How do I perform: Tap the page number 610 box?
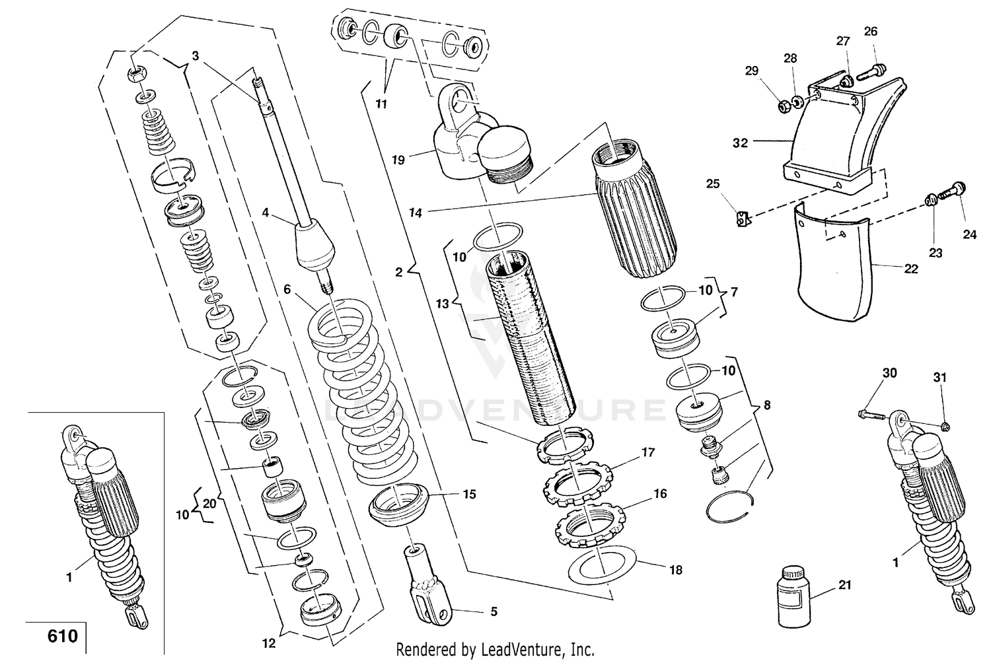(62, 637)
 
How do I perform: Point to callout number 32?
(740, 143)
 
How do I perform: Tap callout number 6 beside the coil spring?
(287, 289)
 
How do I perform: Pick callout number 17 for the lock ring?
(647, 452)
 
